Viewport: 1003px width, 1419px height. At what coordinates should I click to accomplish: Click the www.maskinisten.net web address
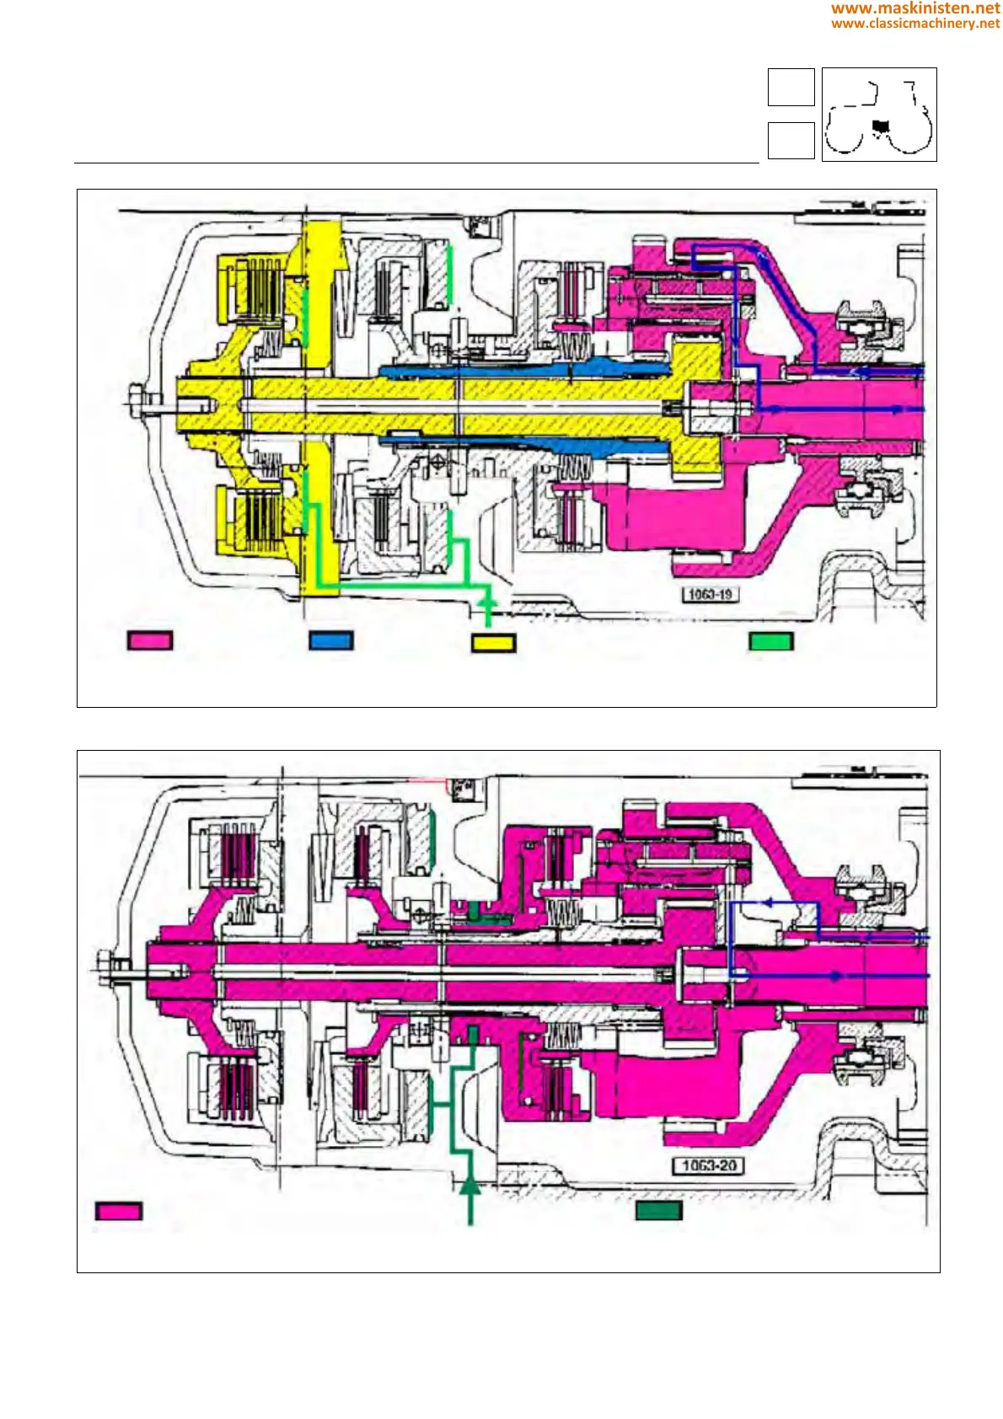(x=915, y=8)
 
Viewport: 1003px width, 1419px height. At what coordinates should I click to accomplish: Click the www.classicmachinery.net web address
(x=915, y=23)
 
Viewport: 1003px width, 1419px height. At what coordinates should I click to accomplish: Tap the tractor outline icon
(x=879, y=115)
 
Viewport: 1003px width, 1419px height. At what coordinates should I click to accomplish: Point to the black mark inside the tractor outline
(x=881, y=126)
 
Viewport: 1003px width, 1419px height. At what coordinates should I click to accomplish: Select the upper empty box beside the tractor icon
(x=791, y=87)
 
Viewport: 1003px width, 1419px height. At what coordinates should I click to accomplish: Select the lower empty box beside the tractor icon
(x=791, y=141)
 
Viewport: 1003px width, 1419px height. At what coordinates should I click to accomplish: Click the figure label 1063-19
(x=710, y=594)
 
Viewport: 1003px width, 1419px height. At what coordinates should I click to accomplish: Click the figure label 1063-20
(x=709, y=1165)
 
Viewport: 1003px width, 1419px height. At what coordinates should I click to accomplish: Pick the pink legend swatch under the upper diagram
(x=150, y=640)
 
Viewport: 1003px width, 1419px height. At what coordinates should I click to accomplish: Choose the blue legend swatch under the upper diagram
(x=331, y=640)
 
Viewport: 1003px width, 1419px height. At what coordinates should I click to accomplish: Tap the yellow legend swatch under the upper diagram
(x=493, y=642)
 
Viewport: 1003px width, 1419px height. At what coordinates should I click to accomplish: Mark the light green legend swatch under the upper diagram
(x=771, y=641)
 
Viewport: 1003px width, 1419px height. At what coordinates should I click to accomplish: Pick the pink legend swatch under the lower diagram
(x=119, y=1211)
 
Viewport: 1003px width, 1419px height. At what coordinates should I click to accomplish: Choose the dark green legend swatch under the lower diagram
(x=658, y=1211)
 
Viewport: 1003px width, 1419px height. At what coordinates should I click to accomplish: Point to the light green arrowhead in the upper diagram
(x=486, y=601)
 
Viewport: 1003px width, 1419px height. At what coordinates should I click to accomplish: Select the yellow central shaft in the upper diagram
(x=421, y=405)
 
